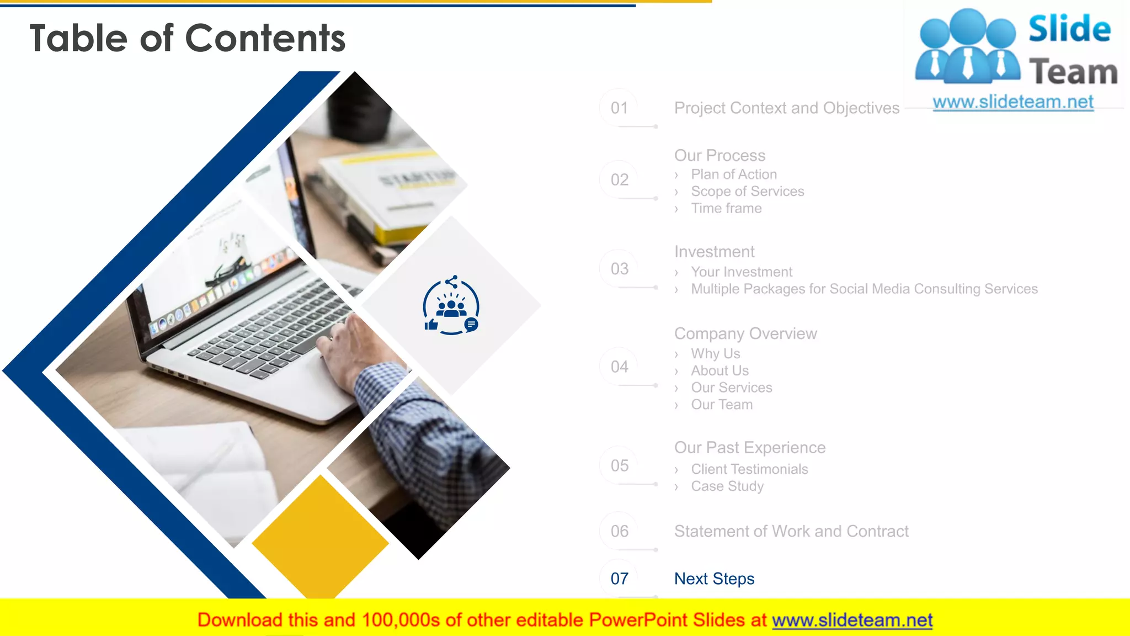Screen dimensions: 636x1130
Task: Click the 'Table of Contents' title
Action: click(188, 38)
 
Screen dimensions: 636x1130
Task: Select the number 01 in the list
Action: click(619, 108)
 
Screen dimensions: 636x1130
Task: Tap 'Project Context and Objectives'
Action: click(786, 108)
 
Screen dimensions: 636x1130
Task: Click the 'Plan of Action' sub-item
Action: click(733, 174)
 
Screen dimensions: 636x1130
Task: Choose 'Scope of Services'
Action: click(747, 192)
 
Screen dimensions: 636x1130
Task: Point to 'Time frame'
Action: click(726, 209)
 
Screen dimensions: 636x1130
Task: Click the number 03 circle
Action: click(619, 269)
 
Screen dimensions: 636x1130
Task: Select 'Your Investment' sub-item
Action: click(741, 272)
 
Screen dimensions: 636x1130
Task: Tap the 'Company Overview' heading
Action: click(745, 334)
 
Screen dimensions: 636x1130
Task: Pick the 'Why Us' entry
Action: click(715, 354)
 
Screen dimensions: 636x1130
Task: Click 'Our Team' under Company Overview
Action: click(721, 405)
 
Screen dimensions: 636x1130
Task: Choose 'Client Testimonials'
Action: click(749, 469)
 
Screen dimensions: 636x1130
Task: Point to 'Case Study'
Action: click(727, 486)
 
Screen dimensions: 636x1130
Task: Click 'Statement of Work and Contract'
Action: click(791, 532)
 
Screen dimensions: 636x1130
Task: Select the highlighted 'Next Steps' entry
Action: click(714, 579)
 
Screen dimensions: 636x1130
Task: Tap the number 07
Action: click(619, 579)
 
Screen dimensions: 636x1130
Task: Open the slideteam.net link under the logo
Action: click(1012, 102)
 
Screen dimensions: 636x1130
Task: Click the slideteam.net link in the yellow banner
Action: click(852, 621)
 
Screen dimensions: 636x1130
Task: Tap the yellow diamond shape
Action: click(320, 538)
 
